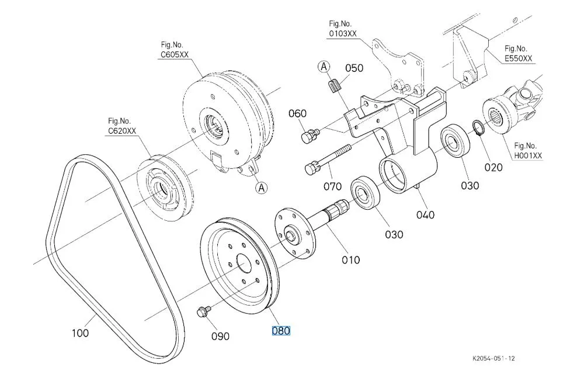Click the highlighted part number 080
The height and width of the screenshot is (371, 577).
click(x=281, y=331)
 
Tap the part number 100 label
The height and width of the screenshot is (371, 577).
click(x=80, y=333)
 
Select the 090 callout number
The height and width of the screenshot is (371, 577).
click(x=220, y=336)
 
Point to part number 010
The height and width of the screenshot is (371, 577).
click(x=350, y=260)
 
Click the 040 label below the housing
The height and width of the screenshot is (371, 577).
click(x=425, y=214)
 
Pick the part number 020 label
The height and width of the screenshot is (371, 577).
click(x=493, y=168)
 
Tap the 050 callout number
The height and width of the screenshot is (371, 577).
click(x=354, y=68)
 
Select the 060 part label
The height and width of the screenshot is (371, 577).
click(x=297, y=113)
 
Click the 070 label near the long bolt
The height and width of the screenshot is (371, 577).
click(x=333, y=186)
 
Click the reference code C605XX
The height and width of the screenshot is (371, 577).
click(x=175, y=54)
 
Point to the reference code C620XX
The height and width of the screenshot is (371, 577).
click(x=122, y=131)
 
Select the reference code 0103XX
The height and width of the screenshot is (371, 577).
click(x=343, y=33)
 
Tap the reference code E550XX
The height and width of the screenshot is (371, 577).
click(x=518, y=58)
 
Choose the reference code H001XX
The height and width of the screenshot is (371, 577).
click(x=528, y=155)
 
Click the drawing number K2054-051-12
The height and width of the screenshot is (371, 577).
click(x=494, y=358)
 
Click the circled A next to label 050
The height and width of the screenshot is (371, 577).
click(x=324, y=67)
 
